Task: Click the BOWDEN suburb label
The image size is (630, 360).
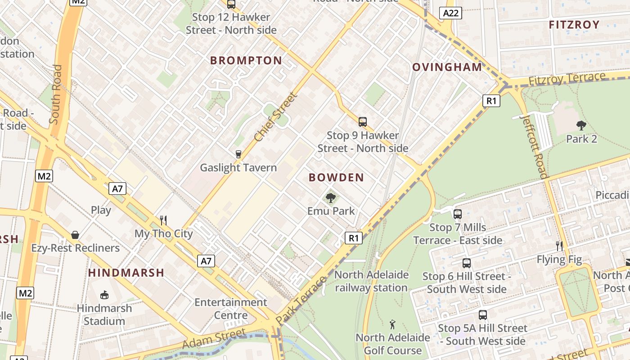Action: click(x=336, y=178)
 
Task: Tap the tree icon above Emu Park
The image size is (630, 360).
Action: click(x=331, y=198)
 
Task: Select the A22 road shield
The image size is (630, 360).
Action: click(x=451, y=13)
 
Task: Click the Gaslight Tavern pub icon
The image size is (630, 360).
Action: click(x=238, y=154)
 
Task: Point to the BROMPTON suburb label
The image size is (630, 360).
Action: click(x=246, y=60)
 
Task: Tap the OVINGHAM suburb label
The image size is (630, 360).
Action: click(x=447, y=67)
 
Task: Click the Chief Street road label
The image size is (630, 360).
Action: click(x=276, y=117)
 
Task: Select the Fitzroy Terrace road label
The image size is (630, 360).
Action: click(x=567, y=79)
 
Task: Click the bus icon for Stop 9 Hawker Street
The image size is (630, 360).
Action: click(x=363, y=121)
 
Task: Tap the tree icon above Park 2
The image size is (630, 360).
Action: click(x=581, y=126)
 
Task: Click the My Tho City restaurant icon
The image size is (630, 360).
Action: click(x=163, y=220)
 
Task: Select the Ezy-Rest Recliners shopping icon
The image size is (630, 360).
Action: click(x=75, y=235)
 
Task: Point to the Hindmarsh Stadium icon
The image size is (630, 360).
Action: click(x=104, y=295)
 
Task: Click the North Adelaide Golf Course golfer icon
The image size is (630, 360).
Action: click(x=392, y=324)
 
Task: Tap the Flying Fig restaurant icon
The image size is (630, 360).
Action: click(x=559, y=246)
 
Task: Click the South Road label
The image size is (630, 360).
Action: click(x=56, y=94)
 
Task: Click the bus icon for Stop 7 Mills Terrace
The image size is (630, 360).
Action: click(x=458, y=214)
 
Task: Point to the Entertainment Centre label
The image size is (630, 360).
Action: click(x=230, y=308)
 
